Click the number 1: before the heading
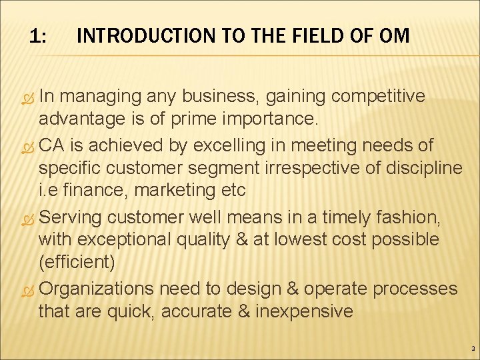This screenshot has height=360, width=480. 38,36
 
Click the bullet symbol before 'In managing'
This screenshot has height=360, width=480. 27,97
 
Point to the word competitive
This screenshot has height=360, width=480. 378,96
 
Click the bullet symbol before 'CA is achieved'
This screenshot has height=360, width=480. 27,146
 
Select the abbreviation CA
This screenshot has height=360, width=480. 53,145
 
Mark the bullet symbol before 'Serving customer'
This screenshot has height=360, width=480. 27,218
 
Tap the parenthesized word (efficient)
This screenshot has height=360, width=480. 77,262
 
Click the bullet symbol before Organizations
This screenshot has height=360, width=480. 27,290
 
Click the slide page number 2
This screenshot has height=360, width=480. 472,349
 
